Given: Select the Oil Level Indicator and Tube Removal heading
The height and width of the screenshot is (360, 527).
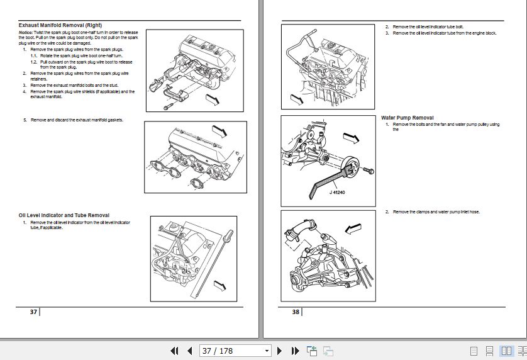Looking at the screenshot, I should [x=64, y=215].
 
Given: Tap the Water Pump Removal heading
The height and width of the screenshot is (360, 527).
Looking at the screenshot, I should [x=407, y=118].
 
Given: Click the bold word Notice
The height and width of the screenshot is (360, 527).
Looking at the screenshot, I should [x=25, y=31].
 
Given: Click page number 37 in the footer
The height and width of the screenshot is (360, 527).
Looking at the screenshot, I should [x=33, y=312].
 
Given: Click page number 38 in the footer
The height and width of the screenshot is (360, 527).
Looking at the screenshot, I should [x=296, y=312].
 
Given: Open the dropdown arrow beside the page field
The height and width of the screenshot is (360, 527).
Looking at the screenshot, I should [x=267, y=351].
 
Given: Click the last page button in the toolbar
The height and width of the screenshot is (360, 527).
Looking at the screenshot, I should [x=294, y=351].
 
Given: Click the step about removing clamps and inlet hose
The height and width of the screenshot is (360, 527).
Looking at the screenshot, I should [x=436, y=212].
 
